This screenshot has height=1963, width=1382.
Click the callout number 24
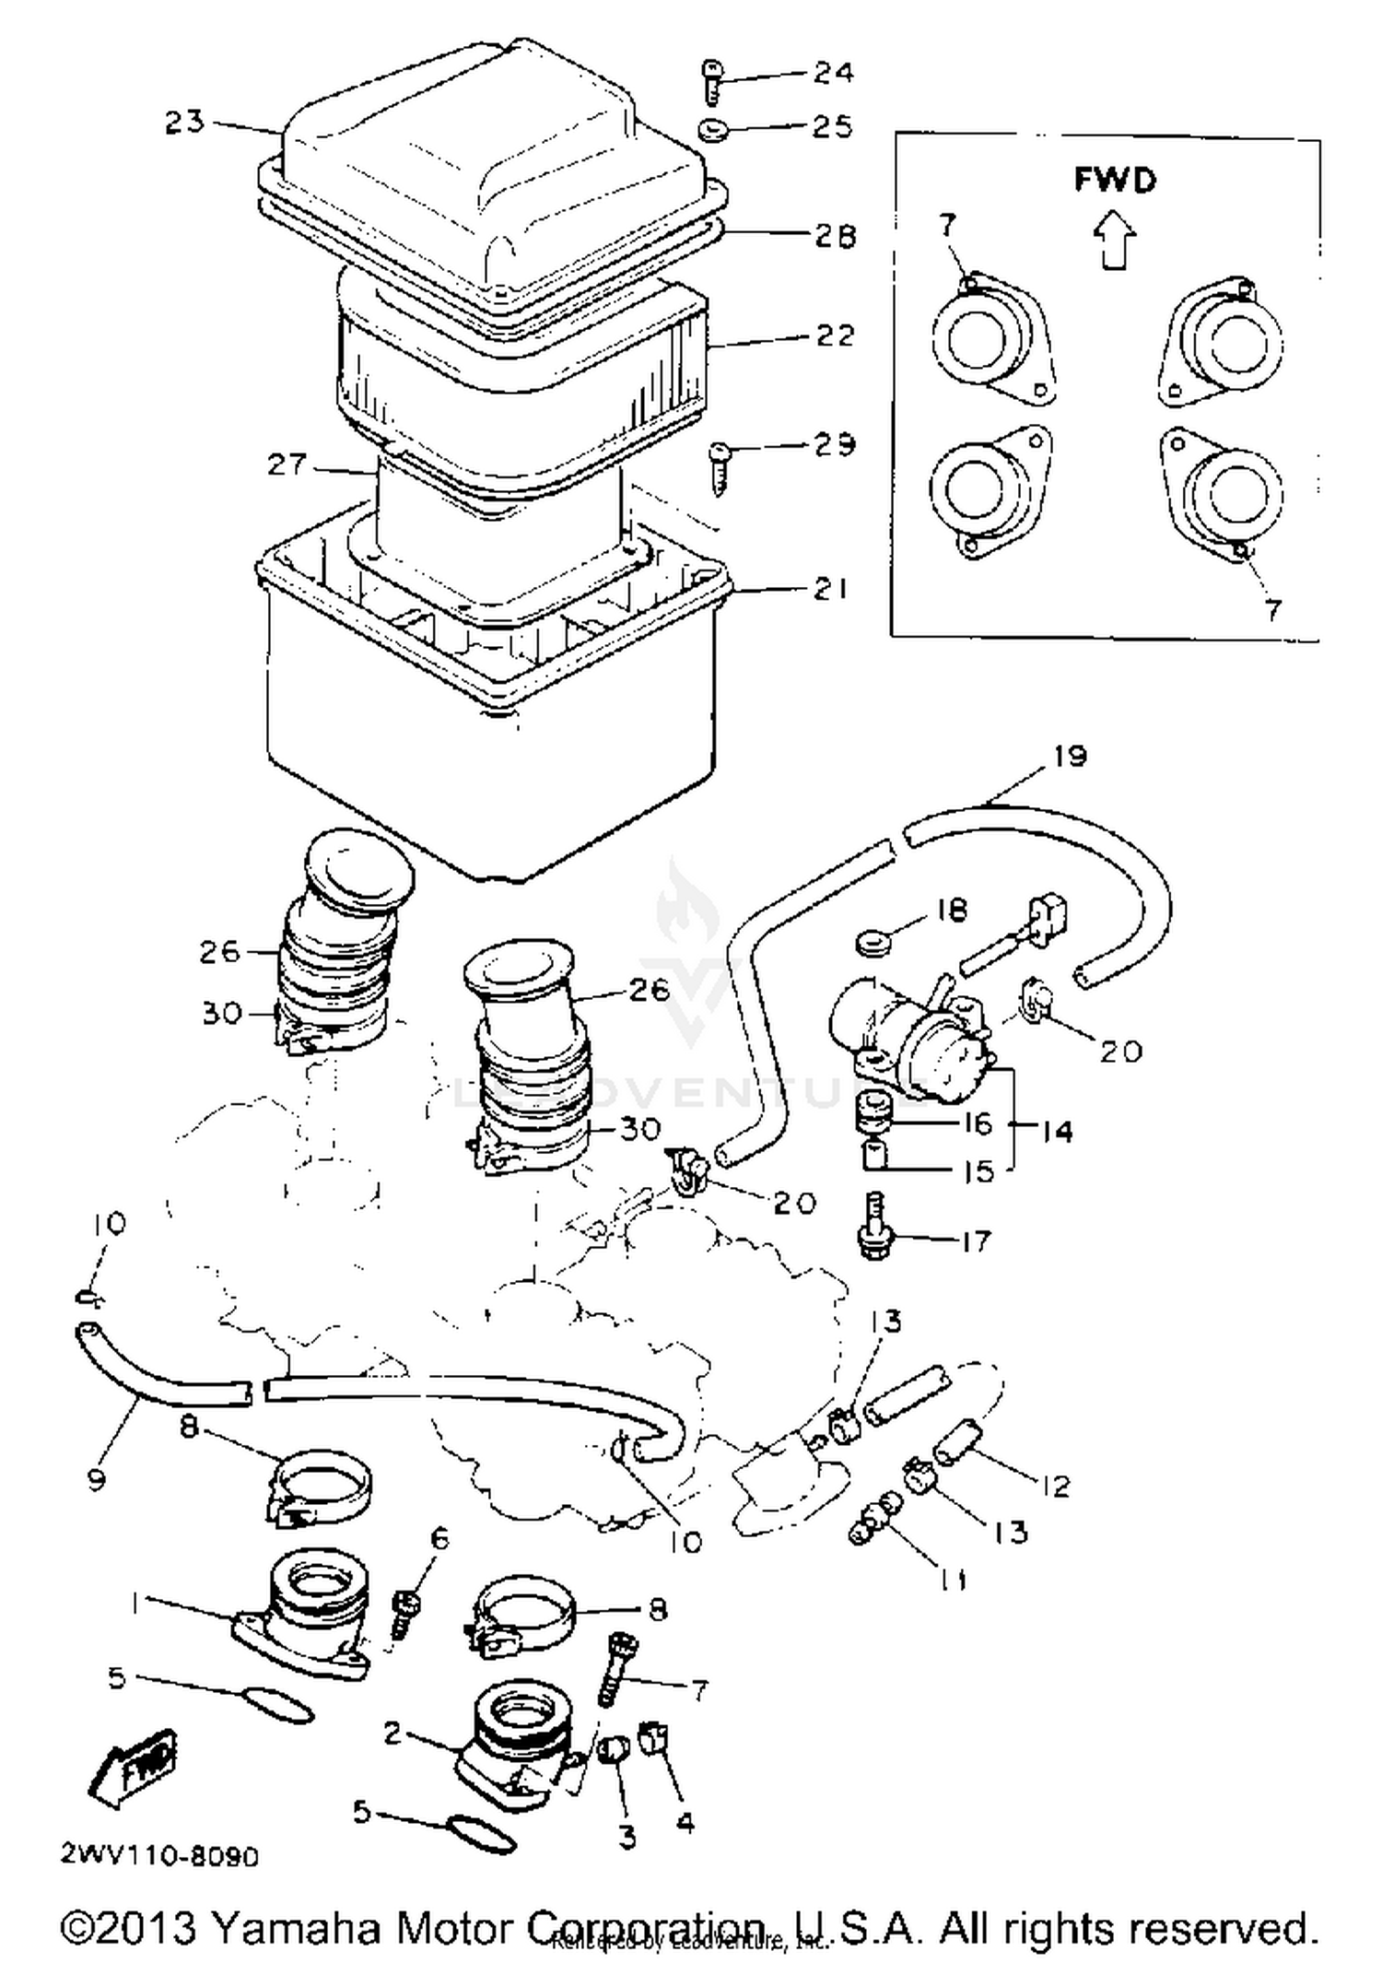point(832,72)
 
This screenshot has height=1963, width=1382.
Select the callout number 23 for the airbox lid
point(184,122)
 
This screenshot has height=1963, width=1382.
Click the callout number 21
point(830,588)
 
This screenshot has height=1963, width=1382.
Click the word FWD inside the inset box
point(1114,179)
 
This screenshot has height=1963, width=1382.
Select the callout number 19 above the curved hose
point(1070,756)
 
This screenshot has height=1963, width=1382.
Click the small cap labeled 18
point(871,944)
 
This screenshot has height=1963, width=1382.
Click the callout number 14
point(1057,1131)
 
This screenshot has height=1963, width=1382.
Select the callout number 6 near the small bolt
point(439,1537)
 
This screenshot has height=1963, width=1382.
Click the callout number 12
point(1055,1485)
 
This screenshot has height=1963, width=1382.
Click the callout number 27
point(286,464)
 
